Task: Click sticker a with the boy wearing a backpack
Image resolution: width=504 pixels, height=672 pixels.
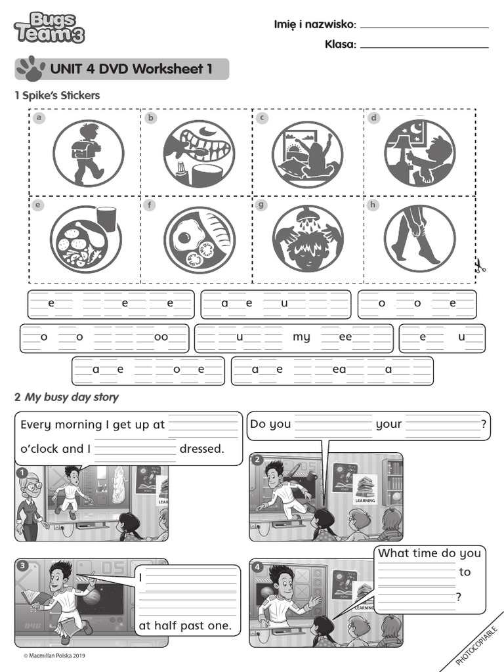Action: pos(87,154)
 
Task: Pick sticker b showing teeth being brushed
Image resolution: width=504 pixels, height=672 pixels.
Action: pos(198,154)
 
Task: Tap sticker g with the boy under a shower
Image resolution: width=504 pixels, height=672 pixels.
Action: pos(307,238)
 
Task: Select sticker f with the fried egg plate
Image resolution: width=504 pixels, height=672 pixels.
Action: pos(199,238)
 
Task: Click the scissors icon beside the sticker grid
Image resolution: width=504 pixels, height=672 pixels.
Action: pos(480,266)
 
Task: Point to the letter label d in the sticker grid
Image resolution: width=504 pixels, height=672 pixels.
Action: pos(373,118)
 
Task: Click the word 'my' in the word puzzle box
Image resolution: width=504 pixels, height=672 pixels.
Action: pos(301,337)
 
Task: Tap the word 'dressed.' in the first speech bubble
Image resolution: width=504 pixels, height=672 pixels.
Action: pos(201,450)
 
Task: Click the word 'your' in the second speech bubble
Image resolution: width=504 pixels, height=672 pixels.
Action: pos(388,424)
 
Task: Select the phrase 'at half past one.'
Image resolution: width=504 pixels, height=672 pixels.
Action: pos(185,626)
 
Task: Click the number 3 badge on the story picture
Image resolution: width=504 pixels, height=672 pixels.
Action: pos(22,566)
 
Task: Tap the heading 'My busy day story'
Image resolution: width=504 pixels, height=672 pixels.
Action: pos(72,398)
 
